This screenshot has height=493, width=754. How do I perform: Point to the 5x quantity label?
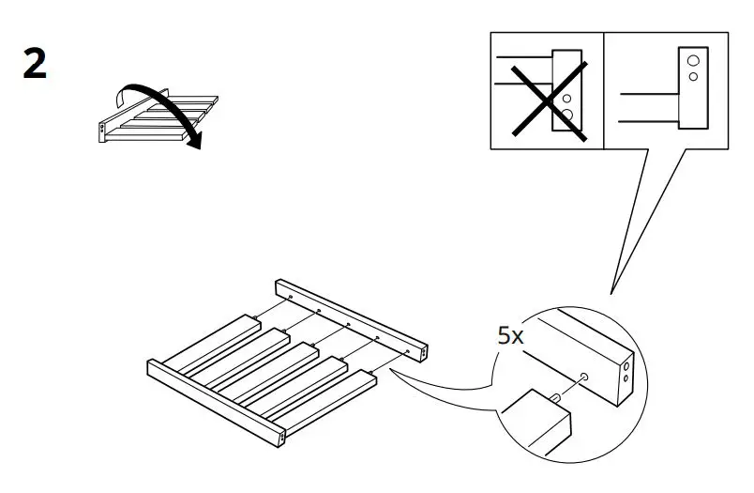click(x=510, y=336)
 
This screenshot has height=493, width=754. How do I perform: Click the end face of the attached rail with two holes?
click(x=282, y=434)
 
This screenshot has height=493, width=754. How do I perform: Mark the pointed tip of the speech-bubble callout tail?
click(x=611, y=290)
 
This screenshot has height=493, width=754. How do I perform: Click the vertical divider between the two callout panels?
click(x=603, y=91)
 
